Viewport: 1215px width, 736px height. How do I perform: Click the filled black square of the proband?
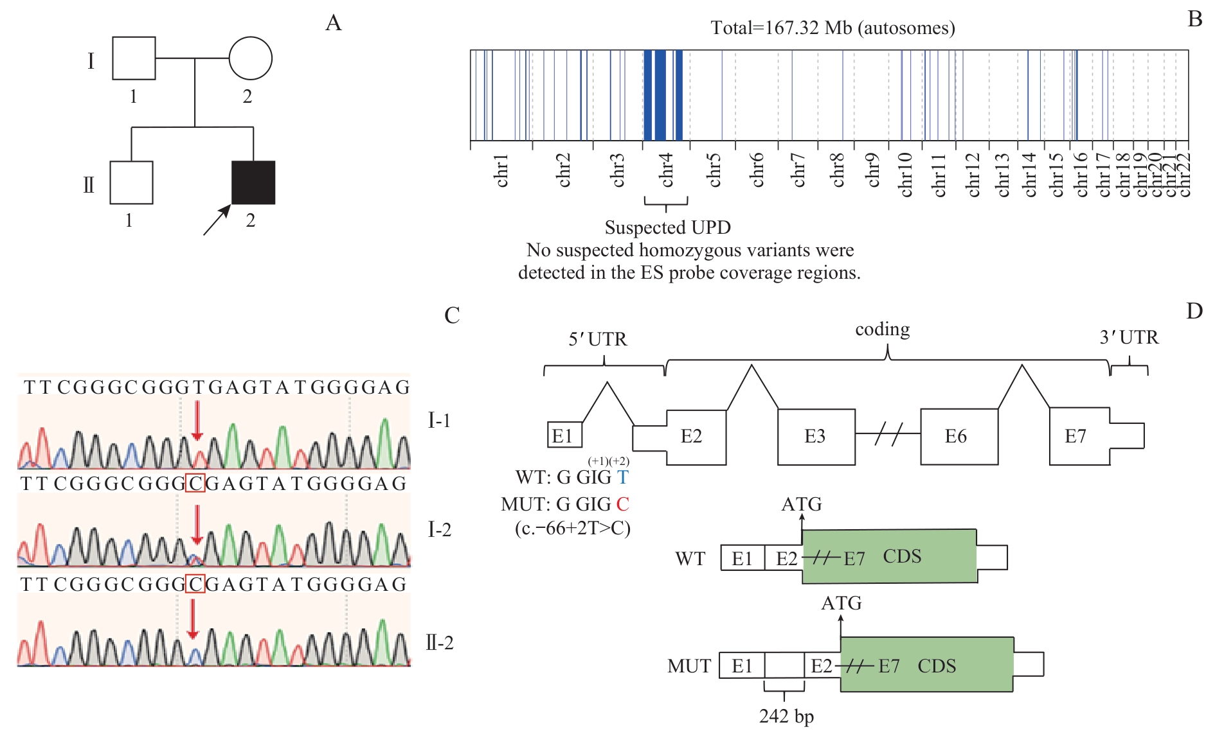point(253,182)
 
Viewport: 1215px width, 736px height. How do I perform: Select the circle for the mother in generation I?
point(250,58)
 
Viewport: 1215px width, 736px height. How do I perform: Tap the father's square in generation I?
point(134,58)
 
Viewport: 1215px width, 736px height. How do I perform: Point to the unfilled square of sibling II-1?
point(131,182)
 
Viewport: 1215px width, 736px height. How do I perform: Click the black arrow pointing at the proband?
point(217,220)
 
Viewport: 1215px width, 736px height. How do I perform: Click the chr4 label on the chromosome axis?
point(667,170)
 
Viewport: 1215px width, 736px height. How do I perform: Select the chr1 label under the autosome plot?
point(502,170)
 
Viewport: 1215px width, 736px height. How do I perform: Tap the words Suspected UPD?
point(667,227)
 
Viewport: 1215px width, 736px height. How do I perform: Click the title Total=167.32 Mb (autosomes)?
point(833,28)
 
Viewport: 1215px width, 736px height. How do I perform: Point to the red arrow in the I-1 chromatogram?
point(197,421)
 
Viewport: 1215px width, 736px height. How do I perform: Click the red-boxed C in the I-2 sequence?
point(195,483)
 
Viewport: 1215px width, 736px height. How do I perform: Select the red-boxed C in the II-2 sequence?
point(195,584)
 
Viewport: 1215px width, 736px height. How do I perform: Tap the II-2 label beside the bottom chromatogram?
point(440,642)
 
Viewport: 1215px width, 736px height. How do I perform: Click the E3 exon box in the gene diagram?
point(816,437)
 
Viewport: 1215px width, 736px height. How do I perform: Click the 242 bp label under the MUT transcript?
point(786,716)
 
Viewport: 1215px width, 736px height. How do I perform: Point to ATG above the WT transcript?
point(802,504)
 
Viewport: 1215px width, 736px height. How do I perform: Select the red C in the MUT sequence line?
point(622,504)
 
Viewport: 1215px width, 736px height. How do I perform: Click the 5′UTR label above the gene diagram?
point(598,339)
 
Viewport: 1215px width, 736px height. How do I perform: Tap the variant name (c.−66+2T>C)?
point(572,529)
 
